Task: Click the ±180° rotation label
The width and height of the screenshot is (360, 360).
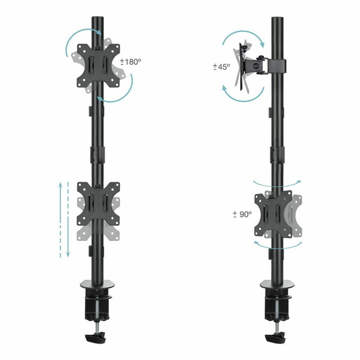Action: pos(131,62)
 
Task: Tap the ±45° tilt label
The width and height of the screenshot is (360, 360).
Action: pos(222,67)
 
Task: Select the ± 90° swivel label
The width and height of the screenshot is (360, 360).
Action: pos(242,213)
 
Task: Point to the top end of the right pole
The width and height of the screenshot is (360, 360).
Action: pos(278,21)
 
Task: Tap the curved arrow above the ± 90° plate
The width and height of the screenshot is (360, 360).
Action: pos(278,184)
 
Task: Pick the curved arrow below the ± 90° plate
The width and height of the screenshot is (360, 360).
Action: pos(278,246)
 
